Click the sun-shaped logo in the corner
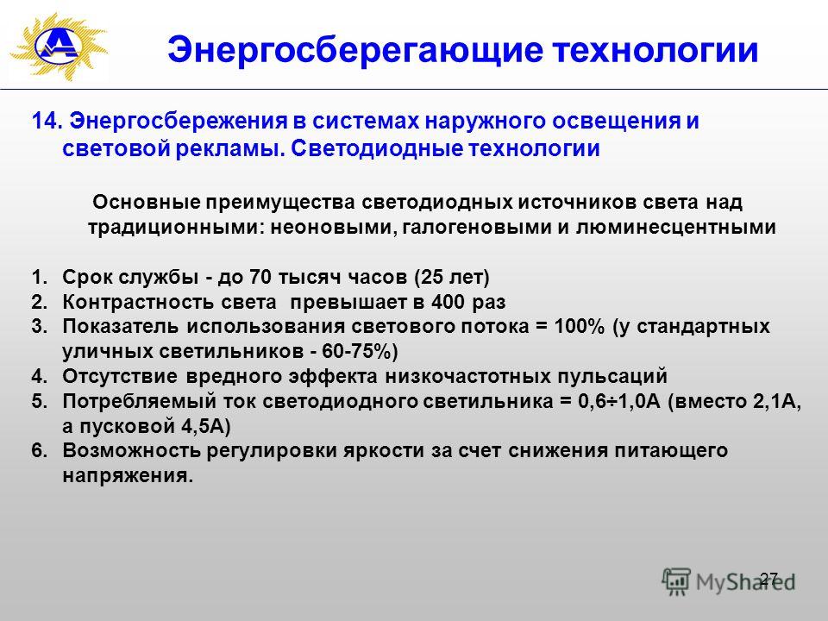[58, 47]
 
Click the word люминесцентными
[675, 228]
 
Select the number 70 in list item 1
[260, 277]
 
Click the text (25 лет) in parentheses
[453, 277]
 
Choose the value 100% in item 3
[579, 326]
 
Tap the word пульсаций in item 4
[613, 377]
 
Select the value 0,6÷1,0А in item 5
[619, 401]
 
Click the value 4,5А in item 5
[204, 426]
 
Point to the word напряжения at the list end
[128, 476]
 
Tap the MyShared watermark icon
[676, 582]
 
